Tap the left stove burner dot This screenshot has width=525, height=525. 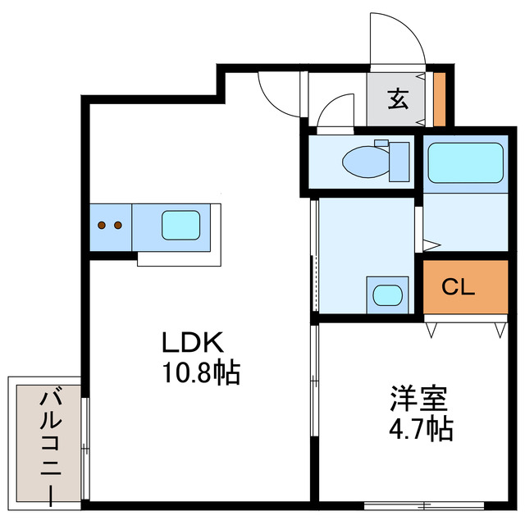point(102,224)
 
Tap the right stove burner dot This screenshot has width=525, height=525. point(117,224)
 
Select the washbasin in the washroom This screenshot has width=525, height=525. point(386,294)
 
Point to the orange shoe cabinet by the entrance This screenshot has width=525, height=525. point(439,99)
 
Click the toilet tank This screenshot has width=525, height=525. point(399,161)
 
